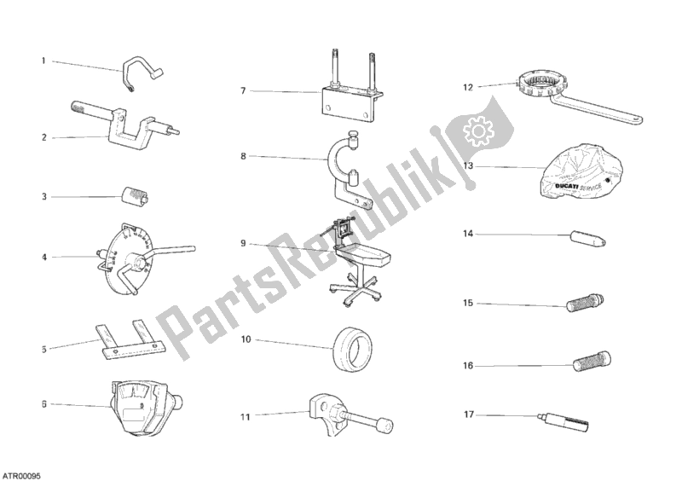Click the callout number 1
coord(43,61)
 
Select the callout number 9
coord(244,243)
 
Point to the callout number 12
coord(467,86)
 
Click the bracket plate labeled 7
coord(347,101)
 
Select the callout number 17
coord(468,415)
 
